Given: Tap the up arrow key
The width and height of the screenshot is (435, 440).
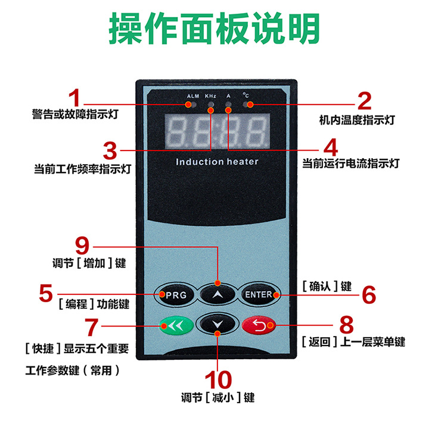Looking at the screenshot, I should click(218, 294).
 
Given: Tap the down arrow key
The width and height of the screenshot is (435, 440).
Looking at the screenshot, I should click(218, 325).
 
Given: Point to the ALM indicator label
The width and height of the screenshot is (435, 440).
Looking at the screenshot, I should click(192, 96).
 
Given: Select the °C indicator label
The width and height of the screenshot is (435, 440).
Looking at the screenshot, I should click(246, 95).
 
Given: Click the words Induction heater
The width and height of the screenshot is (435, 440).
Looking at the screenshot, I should click(217, 162).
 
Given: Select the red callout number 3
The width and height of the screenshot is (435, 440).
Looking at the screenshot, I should click(109, 150).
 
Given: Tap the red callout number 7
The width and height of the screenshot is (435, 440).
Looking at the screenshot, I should click(91, 326).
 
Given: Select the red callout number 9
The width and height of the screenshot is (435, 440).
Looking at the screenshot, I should click(85, 244).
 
